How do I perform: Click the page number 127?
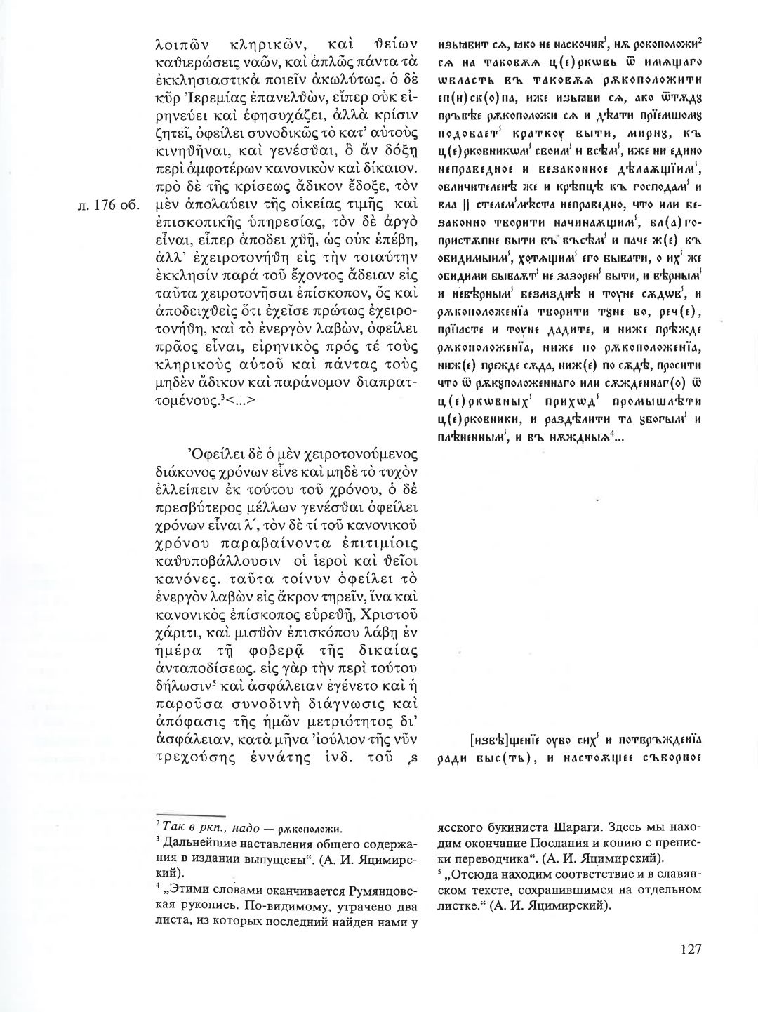[691, 950]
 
